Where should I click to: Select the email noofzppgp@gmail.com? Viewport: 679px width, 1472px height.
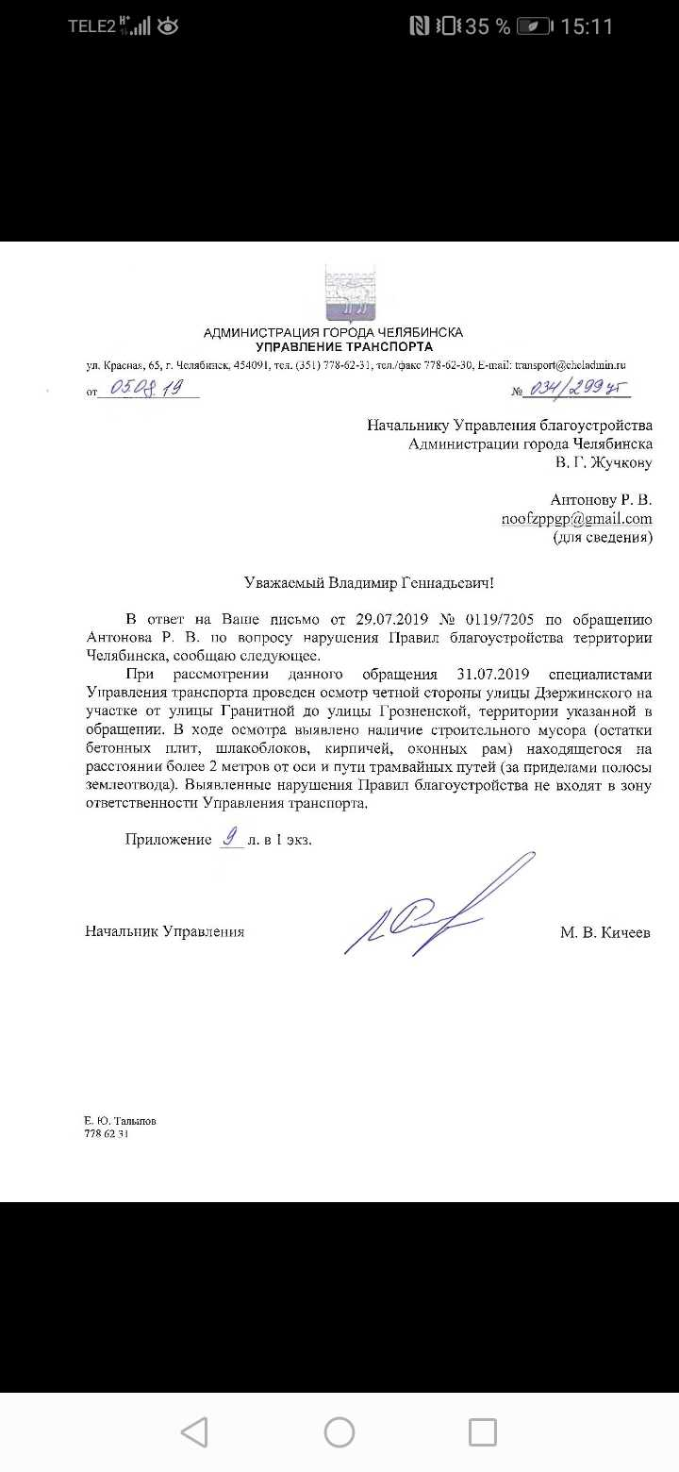[x=576, y=519]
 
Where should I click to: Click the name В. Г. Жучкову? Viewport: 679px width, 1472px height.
[x=604, y=463]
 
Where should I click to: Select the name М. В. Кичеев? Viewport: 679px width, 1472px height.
[x=604, y=932]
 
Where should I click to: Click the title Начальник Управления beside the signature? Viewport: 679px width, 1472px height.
[x=164, y=932]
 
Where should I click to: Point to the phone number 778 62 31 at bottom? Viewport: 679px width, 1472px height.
[x=106, y=1134]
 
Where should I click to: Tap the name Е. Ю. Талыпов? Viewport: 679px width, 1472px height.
[x=120, y=1121]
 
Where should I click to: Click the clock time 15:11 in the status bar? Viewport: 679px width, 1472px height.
[x=587, y=26]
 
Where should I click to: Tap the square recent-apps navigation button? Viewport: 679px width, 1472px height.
[x=483, y=1432]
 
